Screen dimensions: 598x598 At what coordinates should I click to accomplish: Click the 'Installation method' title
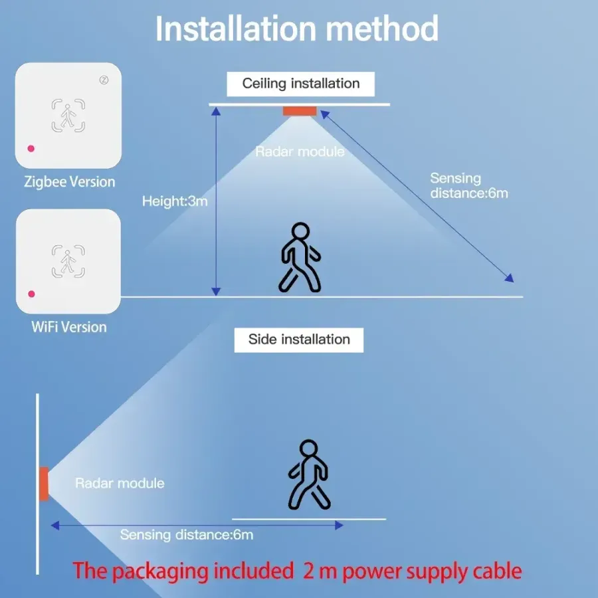pyautogui.click(x=297, y=29)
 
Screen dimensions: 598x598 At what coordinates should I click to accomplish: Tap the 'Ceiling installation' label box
pyautogui.click(x=300, y=84)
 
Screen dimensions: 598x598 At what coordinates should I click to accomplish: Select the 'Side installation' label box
pyautogui.click(x=299, y=340)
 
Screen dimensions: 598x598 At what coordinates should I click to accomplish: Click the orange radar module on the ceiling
pyautogui.click(x=299, y=110)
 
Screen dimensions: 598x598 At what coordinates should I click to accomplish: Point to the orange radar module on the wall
pyautogui.click(x=44, y=483)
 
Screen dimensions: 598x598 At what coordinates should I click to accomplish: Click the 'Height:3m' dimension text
pyautogui.click(x=175, y=201)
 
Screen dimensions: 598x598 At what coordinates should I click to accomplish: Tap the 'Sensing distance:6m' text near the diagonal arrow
pyautogui.click(x=468, y=185)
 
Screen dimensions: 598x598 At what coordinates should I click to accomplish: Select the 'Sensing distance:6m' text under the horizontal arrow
pyautogui.click(x=187, y=535)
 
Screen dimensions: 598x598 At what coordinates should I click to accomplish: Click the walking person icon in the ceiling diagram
pyautogui.click(x=300, y=258)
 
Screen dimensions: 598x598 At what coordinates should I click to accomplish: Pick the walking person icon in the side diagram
pyautogui.click(x=309, y=474)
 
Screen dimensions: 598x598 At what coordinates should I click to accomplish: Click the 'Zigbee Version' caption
pyautogui.click(x=69, y=181)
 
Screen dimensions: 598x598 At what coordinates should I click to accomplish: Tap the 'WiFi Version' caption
pyautogui.click(x=69, y=327)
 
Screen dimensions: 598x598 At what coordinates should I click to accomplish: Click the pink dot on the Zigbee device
pyautogui.click(x=31, y=148)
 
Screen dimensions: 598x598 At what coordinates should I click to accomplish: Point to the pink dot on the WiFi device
pyautogui.click(x=31, y=294)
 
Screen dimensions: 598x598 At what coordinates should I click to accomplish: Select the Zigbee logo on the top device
pyautogui.click(x=104, y=80)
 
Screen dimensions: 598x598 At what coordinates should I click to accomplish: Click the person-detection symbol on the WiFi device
pyautogui.click(x=68, y=262)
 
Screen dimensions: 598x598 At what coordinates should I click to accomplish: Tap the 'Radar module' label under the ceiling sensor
pyautogui.click(x=300, y=151)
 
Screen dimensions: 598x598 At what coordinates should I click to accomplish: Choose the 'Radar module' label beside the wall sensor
pyautogui.click(x=120, y=483)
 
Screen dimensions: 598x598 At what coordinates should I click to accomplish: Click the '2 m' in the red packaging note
pyautogui.click(x=317, y=571)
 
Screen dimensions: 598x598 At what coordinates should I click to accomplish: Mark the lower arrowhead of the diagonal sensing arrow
pyautogui.click(x=510, y=279)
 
